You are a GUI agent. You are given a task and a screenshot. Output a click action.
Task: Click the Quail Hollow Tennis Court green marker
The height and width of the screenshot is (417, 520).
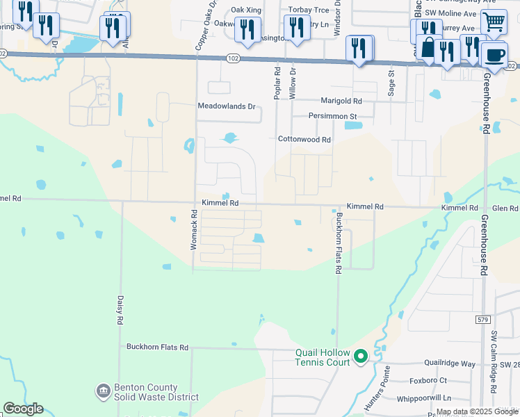[x=361, y=357]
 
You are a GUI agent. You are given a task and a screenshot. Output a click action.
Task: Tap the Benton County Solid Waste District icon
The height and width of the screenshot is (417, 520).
[x=104, y=392]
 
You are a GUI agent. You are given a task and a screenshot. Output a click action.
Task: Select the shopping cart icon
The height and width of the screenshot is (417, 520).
[x=494, y=21]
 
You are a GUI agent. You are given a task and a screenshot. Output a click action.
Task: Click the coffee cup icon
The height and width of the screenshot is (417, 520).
[x=494, y=55]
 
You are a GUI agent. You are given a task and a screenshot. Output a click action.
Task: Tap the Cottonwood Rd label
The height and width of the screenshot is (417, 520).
[x=304, y=139]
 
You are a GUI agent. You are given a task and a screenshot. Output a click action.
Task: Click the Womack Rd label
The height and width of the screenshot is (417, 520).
[x=195, y=231]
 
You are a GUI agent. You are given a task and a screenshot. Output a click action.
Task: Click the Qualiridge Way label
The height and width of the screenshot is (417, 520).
[x=452, y=363]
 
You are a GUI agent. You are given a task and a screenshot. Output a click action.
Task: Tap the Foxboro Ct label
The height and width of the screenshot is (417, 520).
[x=428, y=381]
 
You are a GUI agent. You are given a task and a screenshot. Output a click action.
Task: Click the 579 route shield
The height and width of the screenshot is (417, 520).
[x=485, y=320]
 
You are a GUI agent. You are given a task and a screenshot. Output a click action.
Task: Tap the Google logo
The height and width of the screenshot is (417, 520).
[x=23, y=409]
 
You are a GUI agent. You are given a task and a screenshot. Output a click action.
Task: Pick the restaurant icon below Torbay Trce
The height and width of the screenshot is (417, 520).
[x=297, y=28]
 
